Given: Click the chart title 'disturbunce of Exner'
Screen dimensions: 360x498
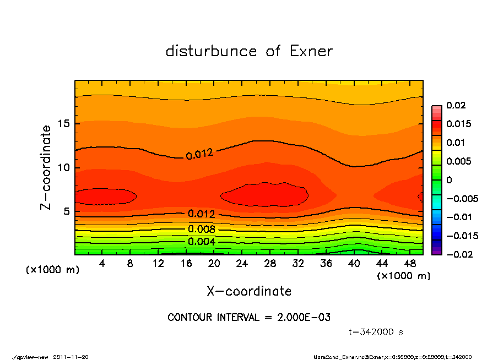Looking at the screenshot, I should [249, 51].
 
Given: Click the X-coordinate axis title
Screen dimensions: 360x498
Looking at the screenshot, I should [249, 291].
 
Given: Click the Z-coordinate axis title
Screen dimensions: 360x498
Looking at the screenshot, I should [46, 167].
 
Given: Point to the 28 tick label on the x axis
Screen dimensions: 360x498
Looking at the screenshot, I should [270, 264].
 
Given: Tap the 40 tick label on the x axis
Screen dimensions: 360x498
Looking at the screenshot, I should [354, 264].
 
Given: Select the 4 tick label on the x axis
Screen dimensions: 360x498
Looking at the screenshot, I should [102, 264].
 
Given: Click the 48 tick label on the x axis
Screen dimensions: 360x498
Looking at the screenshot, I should [409, 264].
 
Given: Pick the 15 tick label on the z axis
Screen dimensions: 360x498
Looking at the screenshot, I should [64, 123].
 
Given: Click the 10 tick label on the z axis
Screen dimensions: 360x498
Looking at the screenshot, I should [64, 167].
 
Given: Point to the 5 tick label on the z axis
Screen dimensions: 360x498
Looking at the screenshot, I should [67, 211].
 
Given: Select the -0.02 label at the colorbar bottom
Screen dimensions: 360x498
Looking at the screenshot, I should [458, 254].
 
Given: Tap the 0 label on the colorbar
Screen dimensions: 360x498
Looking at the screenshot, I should [448, 180].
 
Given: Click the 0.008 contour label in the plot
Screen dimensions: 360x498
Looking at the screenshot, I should [202, 230].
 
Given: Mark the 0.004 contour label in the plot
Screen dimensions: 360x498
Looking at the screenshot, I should [202, 242].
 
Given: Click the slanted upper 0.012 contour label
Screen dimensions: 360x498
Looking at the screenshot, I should [199, 154].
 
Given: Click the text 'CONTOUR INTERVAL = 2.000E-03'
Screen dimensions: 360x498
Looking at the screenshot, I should [249, 318].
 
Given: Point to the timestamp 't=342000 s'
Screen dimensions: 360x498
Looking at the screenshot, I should [376, 332].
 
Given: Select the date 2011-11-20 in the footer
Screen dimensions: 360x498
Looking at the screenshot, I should [71, 357].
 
